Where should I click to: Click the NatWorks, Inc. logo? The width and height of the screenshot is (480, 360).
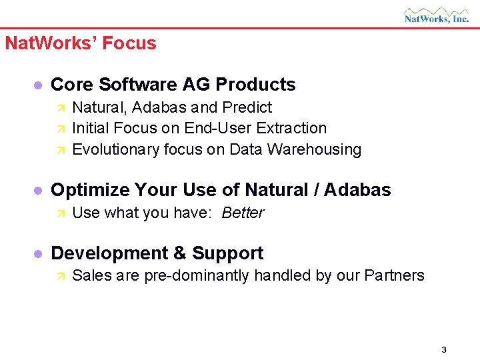pyautogui.click(x=436, y=15)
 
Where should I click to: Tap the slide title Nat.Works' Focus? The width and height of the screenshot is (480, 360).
pyautogui.click(x=81, y=43)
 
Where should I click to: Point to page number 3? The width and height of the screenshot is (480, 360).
pyautogui.click(x=443, y=350)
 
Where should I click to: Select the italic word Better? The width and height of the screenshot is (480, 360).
pyautogui.click(x=243, y=213)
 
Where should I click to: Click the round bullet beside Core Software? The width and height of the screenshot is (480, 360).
pyautogui.click(x=38, y=85)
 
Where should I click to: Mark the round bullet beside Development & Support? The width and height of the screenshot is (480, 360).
pyautogui.click(x=38, y=254)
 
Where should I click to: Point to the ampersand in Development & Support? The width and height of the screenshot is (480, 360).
pyautogui.click(x=179, y=253)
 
